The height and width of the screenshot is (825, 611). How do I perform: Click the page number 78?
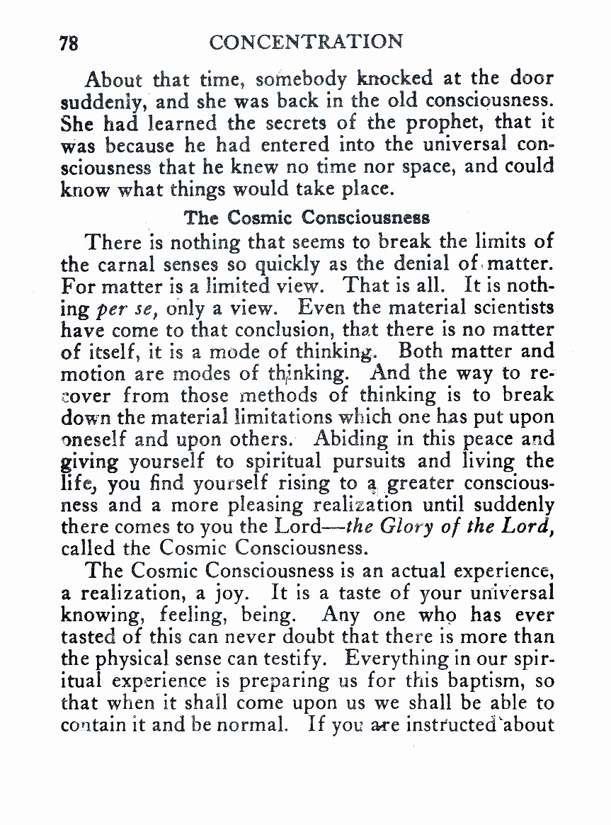click(x=69, y=42)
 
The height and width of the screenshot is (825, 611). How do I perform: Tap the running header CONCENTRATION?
click(x=306, y=42)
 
